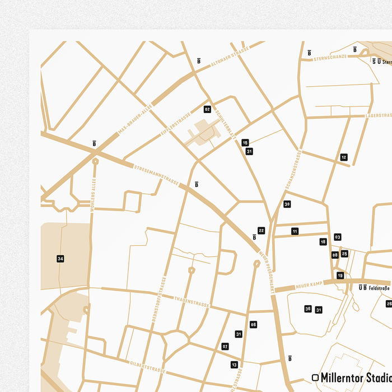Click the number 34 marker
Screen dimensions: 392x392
60,259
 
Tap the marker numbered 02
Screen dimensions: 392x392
207,109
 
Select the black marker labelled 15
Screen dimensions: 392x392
245,143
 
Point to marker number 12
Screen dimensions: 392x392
344,157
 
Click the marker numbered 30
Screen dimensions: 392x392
287,204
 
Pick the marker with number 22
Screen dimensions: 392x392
262,230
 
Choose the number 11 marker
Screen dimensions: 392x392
295,231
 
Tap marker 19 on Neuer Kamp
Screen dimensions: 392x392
340,276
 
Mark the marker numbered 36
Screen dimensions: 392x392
308,309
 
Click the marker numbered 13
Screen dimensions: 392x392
234,365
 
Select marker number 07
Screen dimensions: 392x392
225,347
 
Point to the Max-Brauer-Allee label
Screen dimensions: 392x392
135,122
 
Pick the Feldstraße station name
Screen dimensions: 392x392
379,288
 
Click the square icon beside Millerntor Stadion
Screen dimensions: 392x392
315,378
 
